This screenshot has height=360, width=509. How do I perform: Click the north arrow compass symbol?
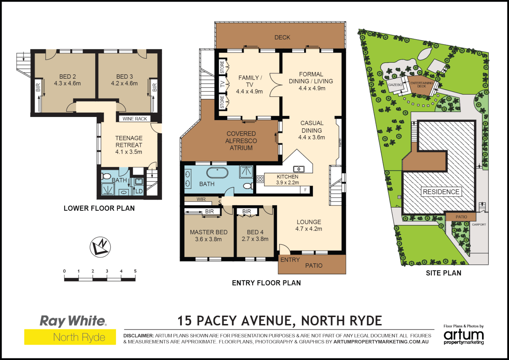pos(100,247)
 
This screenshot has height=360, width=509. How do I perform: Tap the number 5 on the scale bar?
pos(135,271)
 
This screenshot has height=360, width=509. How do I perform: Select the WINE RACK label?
pos(135,119)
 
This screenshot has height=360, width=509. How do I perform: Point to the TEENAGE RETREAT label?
pos(129,142)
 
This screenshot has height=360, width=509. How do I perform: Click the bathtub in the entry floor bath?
pos(217,173)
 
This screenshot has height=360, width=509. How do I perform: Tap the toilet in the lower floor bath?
pos(106,176)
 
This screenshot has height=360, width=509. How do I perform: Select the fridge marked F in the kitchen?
pos(305,190)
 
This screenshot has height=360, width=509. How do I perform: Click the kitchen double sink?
pos(298,169)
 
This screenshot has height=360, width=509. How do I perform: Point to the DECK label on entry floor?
pos(282,38)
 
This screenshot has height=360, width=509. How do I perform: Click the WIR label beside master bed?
pos(201,199)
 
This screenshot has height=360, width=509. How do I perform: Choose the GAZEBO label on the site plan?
pos(395,85)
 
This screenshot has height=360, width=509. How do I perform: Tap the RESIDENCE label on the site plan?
pos(441,192)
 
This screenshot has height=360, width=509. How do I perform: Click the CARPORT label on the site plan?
pos(479,225)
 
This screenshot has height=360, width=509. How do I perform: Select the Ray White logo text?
pos(73,321)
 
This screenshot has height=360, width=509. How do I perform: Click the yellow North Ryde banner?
pos(70,337)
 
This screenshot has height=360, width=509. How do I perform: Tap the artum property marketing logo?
pos(463,336)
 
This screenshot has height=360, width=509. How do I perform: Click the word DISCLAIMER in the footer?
pos(139,336)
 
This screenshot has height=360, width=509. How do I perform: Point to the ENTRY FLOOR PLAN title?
pos(266,283)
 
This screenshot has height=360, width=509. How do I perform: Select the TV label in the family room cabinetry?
pos(222,84)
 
